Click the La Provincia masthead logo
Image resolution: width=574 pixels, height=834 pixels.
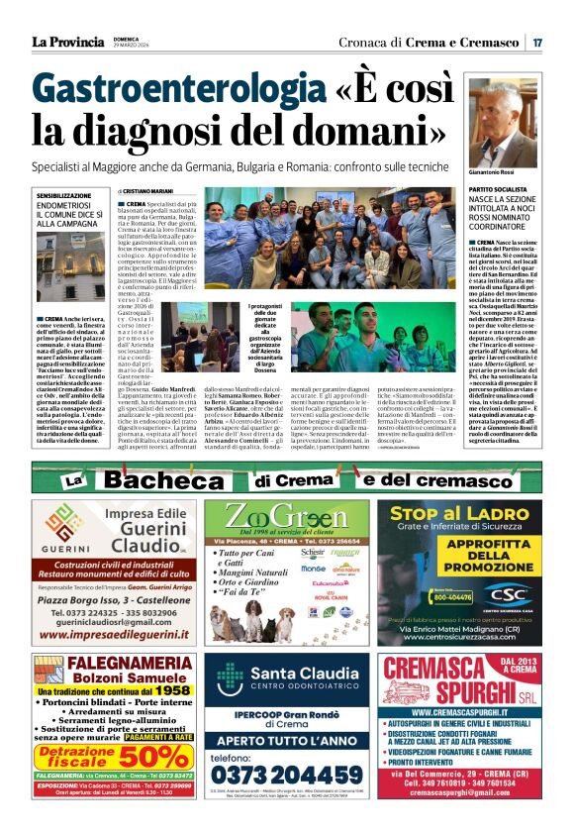(67, 42)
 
